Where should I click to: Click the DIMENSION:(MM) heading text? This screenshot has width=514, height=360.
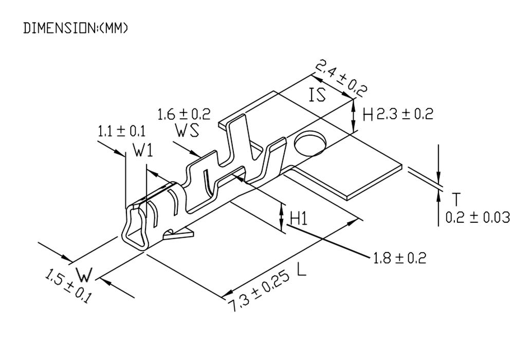click(x=75, y=28)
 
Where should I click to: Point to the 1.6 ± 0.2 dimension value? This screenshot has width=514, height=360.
click(x=184, y=115)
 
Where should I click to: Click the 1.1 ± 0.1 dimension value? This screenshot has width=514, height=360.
click(x=121, y=132)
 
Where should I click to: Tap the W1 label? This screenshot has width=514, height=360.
click(x=143, y=150)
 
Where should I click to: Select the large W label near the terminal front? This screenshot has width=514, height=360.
click(x=84, y=274)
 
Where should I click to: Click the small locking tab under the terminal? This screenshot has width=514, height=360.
click(x=179, y=235)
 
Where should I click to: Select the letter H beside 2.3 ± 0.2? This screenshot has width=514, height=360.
click(x=368, y=115)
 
